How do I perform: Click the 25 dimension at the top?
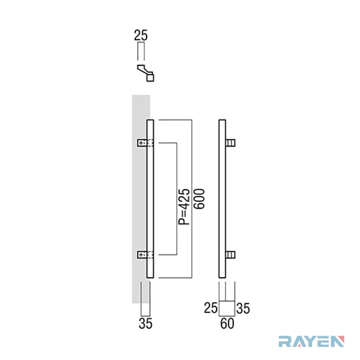[x=141, y=35]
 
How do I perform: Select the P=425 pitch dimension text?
[x=184, y=207]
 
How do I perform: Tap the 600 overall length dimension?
[x=199, y=199]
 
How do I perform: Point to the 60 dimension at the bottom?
[x=227, y=323]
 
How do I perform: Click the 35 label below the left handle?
[x=145, y=323]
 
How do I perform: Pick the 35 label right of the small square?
[x=243, y=308]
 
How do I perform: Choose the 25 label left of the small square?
[x=211, y=308]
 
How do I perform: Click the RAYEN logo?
[x=312, y=342]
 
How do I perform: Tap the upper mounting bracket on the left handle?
[x=145, y=143]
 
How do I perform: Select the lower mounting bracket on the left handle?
[x=145, y=255]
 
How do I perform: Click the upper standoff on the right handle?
[x=231, y=143]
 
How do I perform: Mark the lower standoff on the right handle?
[x=231, y=255]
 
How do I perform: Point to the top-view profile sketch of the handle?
[x=146, y=73]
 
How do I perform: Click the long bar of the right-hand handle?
[x=222, y=199]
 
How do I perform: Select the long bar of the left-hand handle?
[x=150, y=199]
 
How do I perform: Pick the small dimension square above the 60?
[x=227, y=309]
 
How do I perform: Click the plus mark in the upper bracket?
[x=141, y=143]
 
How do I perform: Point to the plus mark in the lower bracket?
[x=141, y=255]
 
